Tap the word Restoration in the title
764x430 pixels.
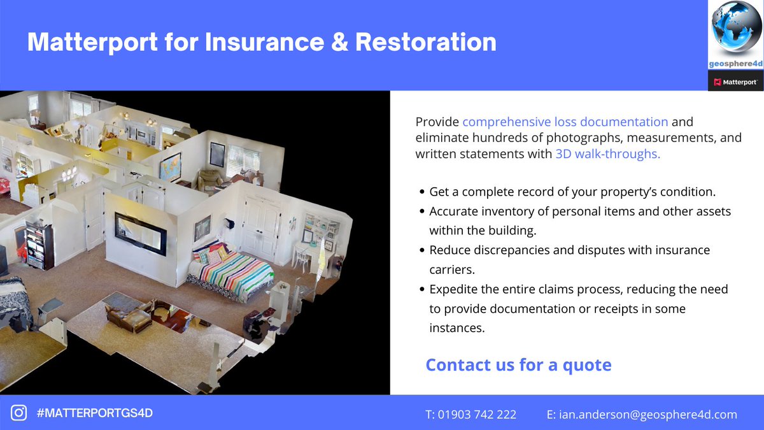[x=426, y=42]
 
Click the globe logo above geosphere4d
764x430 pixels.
[x=735, y=31]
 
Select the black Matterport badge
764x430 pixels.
[x=735, y=82]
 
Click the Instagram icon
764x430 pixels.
[x=19, y=413]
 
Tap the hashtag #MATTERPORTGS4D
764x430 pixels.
[x=95, y=413]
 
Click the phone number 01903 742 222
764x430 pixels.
[x=470, y=414]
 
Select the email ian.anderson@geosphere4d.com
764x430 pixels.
[x=642, y=414]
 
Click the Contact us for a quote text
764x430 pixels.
[x=518, y=365]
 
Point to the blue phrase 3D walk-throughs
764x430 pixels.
[x=607, y=154]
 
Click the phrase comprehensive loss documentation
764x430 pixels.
[x=565, y=121]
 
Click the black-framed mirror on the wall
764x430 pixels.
[x=141, y=233]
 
